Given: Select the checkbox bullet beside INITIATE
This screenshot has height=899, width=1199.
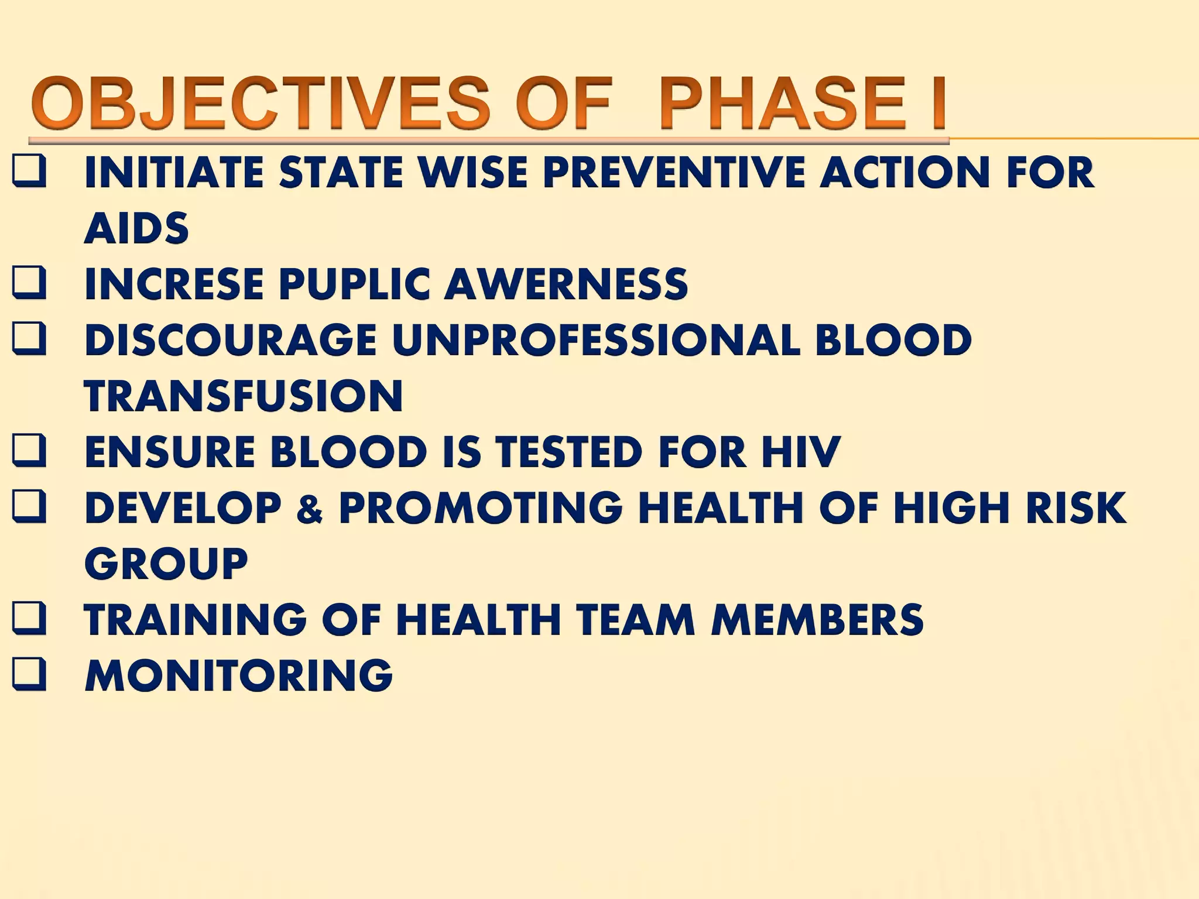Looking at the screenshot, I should point(29,172).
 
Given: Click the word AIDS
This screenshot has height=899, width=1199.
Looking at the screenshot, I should point(137,228).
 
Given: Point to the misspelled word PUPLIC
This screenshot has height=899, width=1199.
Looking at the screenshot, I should point(359,284).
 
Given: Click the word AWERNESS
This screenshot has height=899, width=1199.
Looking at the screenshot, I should point(566,284).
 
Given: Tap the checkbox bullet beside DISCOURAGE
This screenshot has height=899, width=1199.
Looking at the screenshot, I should point(29,340).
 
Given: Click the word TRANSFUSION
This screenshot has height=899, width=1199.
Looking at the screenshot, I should point(244,396).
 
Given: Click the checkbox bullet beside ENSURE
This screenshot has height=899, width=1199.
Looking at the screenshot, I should point(29,452).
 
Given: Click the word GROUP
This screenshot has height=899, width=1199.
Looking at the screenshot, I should point(167,564).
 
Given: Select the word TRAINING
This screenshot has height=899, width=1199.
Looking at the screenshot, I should point(196,619).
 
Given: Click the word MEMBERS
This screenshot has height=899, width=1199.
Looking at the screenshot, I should point(817,619).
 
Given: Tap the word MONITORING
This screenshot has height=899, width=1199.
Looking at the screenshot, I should point(239,675).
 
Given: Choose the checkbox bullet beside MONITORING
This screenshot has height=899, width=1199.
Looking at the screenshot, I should point(29,675).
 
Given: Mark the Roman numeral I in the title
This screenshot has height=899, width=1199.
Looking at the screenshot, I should point(938,104).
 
